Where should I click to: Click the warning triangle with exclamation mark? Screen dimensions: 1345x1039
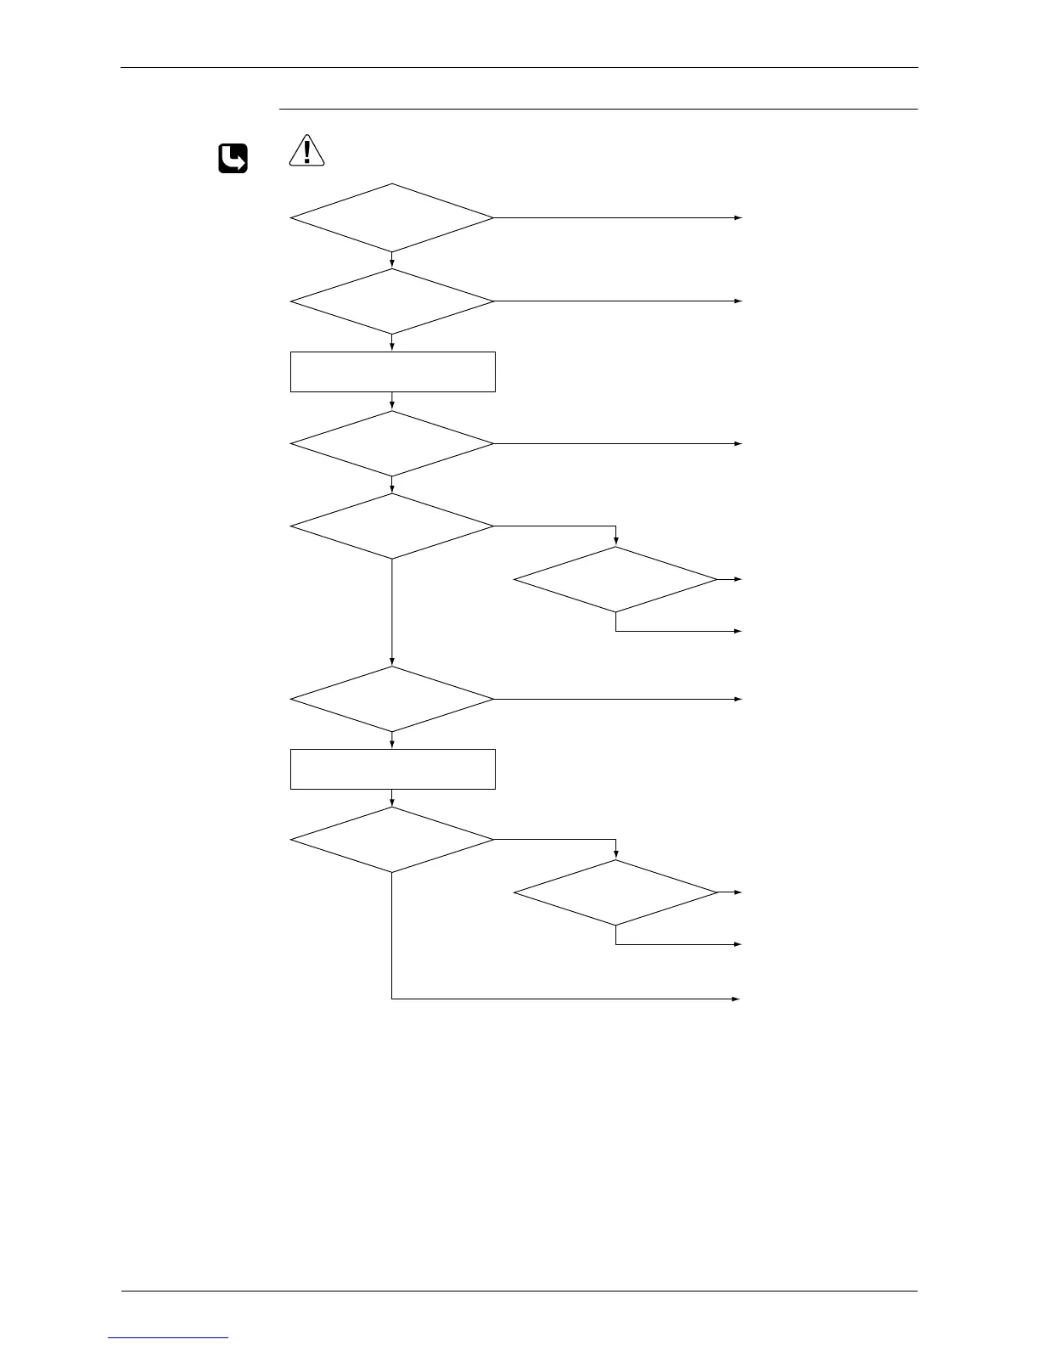click(306, 150)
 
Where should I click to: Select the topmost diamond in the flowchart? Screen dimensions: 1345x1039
click(391, 218)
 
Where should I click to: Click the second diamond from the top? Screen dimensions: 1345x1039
click(391, 301)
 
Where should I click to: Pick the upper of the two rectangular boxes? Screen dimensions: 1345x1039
click(392, 372)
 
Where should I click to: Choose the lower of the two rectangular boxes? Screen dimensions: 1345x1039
click(392, 769)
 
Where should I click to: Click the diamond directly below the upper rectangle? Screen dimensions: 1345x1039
click(391, 444)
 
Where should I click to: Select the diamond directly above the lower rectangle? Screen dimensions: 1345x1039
click(391, 699)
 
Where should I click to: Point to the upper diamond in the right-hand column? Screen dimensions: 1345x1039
click(615, 579)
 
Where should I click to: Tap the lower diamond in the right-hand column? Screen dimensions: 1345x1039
click(615, 892)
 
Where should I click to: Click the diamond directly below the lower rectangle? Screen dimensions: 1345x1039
click(391, 840)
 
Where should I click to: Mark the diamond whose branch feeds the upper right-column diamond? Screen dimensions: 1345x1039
click(391, 526)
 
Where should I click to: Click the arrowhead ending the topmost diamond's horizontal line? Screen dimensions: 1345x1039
click(739, 218)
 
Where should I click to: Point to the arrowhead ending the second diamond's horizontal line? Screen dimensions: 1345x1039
click(739, 301)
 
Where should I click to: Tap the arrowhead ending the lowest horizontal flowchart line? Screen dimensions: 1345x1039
click(739, 999)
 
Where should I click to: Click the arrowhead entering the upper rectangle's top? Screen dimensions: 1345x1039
click(392, 348)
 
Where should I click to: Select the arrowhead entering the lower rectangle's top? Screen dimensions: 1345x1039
click(392, 746)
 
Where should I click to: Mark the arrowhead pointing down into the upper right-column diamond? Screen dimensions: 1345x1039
click(615, 543)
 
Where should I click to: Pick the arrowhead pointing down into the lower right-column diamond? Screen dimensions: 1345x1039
click(615, 856)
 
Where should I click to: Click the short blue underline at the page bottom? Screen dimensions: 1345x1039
click(169, 1337)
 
